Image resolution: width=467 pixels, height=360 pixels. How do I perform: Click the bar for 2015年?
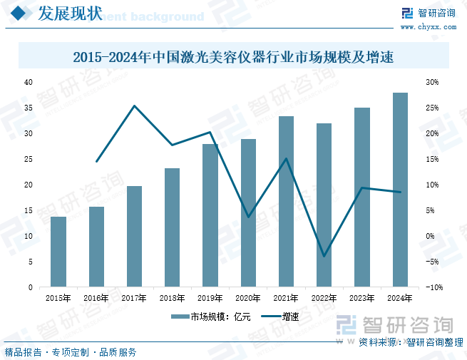[x=58, y=252]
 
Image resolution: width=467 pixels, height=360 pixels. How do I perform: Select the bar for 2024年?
[x=400, y=190]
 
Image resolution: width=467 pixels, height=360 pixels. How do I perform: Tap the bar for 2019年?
[x=210, y=215]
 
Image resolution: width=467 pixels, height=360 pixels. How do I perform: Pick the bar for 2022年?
[x=324, y=205]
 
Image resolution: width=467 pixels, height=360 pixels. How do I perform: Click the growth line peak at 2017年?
[x=135, y=106]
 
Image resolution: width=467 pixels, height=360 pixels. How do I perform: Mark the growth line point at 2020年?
[x=248, y=217]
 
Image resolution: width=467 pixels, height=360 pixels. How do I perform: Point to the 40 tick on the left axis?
[x=29, y=83]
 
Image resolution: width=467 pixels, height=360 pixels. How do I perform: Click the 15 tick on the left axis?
[x=29, y=210]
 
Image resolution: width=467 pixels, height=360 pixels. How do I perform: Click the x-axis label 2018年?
[x=172, y=299]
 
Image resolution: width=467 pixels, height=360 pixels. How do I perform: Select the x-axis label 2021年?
[x=286, y=299]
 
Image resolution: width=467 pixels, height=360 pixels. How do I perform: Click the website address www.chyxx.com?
[x=436, y=27]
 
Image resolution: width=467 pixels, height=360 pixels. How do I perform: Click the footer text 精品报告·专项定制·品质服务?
[x=71, y=352]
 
